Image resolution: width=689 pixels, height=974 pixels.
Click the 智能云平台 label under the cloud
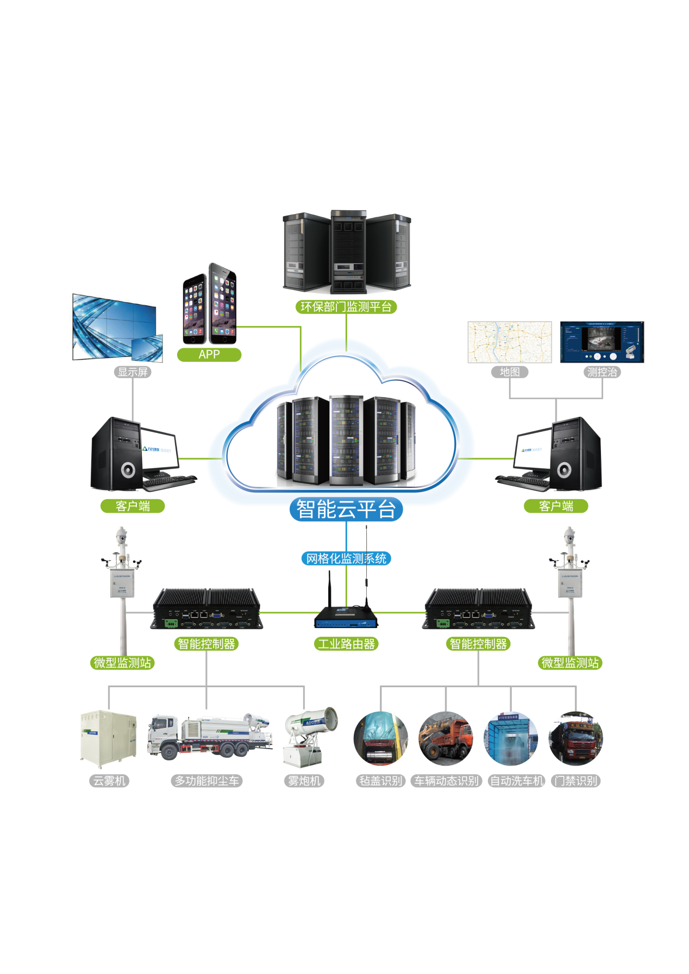coord(346,510)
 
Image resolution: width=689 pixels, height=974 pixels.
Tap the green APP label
coord(209,355)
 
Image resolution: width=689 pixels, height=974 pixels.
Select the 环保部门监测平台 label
coord(346,307)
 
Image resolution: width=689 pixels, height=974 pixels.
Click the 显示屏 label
coord(133,372)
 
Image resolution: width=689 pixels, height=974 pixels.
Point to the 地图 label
coord(510,372)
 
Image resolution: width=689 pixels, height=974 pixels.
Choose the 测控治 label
coord(602,372)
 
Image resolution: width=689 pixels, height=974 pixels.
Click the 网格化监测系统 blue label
coord(346,558)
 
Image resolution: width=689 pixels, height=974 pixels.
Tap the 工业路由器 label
coord(346,644)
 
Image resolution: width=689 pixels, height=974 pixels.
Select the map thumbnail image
coord(510,342)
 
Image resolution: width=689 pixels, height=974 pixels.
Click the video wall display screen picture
coord(116,328)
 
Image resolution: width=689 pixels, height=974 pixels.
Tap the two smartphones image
coord(210,304)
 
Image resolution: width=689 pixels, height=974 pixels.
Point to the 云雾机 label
coord(109,781)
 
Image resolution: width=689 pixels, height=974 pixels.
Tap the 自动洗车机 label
coord(516,781)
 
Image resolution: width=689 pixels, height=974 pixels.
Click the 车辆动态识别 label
coord(447,781)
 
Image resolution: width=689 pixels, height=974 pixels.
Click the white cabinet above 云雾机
coord(108,739)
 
